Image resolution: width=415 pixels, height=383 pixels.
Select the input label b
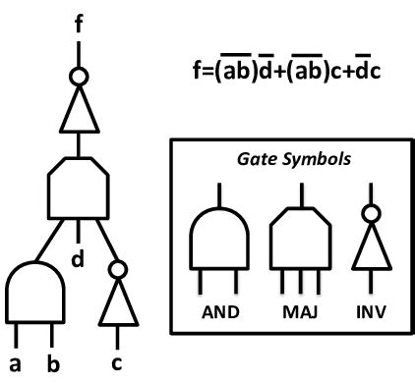pos(54,365)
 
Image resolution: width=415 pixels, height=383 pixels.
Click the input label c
pos(120,365)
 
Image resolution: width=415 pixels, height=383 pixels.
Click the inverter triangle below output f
pos(80,110)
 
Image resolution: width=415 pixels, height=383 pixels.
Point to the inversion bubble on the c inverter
pos(119,268)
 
